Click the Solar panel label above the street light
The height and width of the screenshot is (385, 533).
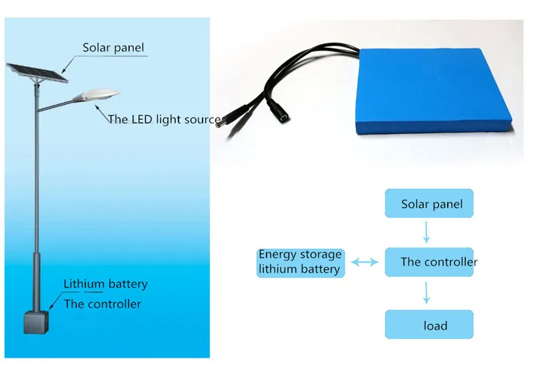point(113,47)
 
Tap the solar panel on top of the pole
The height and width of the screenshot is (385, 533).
point(37,73)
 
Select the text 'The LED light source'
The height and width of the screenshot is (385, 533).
point(164,119)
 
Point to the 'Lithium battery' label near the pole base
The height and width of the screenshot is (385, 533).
point(106,284)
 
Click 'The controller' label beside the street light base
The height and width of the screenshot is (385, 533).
point(103,304)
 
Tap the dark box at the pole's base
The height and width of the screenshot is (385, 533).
point(36,322)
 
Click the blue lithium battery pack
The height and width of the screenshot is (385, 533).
point(434,91)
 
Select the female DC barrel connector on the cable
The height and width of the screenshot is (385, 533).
point(278,111)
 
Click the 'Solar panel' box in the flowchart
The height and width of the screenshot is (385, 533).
point(429,204)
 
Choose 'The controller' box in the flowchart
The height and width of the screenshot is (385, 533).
point(429,262)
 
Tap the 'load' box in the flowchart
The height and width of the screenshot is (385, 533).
point(429,324)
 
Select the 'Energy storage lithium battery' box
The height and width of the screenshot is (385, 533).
point(300,263)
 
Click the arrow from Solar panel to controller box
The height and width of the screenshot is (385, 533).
point(426,232)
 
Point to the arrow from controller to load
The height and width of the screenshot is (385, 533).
point(426,293)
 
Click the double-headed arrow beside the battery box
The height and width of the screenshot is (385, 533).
point(364,262)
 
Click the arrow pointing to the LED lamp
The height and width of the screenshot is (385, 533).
point(102,113)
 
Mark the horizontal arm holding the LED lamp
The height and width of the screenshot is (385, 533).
point(56,105)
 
